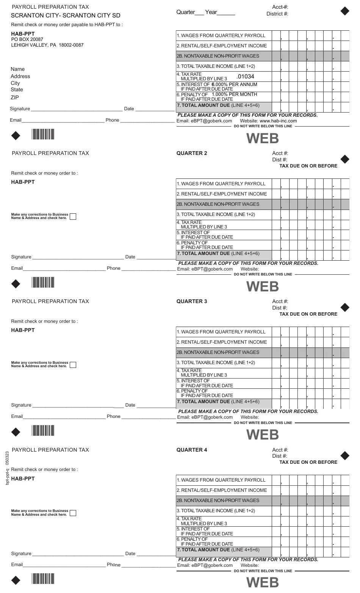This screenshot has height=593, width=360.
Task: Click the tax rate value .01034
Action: click(245, 77)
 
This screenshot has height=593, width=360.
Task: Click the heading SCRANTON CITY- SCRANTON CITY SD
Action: click(66, 16)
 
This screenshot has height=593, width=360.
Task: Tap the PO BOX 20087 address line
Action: click(27, 39)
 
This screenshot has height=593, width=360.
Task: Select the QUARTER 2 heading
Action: click(192, 153)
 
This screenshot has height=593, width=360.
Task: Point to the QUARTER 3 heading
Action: click(192, 302)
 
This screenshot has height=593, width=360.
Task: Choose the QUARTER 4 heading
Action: click(192, 450)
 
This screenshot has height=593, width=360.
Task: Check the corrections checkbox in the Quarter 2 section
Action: click(73, 217)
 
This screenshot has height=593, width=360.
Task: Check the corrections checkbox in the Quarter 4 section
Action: click(73, 513)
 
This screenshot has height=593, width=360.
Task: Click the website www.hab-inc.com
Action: click(278, 121)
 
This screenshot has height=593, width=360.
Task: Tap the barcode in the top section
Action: click(43, 135)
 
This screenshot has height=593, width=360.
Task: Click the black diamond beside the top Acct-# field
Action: click(345, 11)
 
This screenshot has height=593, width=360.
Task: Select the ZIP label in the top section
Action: click(15, 98)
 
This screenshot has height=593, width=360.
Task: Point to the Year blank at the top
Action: click(226, 13)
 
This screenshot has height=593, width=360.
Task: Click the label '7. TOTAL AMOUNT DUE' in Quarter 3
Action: click(218, 402)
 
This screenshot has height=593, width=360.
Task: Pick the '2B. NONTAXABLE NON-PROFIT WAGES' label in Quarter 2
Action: click(218, 204)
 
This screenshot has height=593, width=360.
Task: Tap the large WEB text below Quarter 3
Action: click(263, 435)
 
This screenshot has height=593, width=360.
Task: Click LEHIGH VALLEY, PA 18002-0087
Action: click(47, 45)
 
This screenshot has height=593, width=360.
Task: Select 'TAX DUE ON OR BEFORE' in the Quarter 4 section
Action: click(308, 462)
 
